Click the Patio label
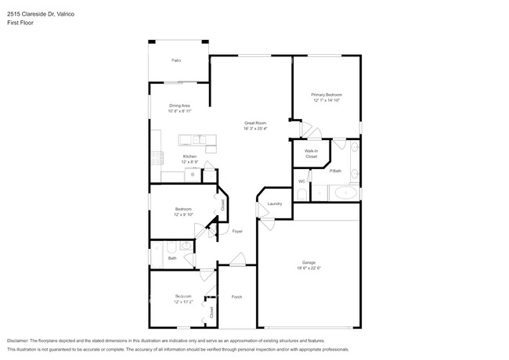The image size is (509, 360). coord(176,59)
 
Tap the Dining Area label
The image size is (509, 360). coord(179,106)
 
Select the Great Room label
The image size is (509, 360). coord(255,123)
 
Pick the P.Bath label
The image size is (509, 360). coord(334,171)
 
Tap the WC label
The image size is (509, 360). coord(301,182)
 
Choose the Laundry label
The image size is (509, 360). coord(274,203)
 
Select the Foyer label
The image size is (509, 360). coord(236,231)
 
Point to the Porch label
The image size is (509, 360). coord(236,297)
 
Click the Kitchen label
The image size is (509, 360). coord(190,157)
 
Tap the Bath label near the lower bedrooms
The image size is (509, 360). coord(172,257)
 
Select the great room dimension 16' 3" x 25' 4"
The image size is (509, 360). coord(255,128)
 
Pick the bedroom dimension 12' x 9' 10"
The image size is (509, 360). coord(183,214)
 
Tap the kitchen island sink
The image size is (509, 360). coord(202,140)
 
